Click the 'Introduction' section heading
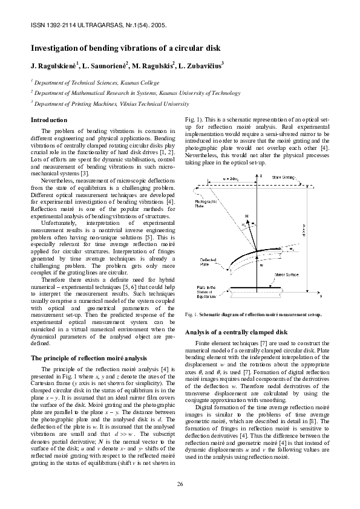pyautogui.click(x=49, y=120)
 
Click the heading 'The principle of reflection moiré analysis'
pyautogui.click(x=88, y=358)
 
